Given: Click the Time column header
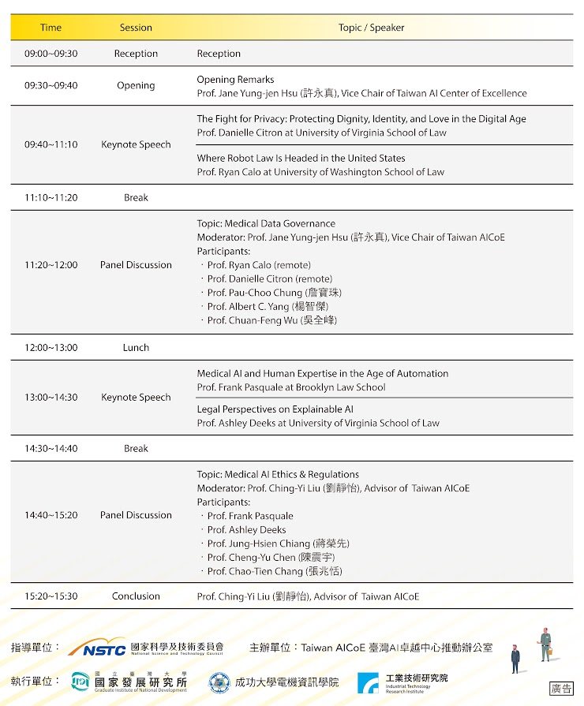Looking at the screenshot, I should tap(51, 28).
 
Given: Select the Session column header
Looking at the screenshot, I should tap(136, 28).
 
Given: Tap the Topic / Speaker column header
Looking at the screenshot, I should tap(371, 28).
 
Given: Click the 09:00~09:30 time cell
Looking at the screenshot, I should tap(51, 54).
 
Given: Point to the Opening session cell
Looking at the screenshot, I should tap(136, 86).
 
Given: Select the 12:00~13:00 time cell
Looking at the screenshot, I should tap(51, 347).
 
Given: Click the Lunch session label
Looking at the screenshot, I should tap(136, 347).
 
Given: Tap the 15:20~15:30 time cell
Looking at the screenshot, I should tap(51, 596).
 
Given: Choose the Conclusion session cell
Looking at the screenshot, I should tap(136, 596).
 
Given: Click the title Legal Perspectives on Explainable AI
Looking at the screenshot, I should tap(275, 409).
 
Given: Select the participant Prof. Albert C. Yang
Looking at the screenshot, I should tap(268, 306).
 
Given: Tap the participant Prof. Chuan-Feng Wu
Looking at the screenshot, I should tap(271, 320).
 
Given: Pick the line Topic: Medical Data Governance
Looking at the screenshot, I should tap(266, 223).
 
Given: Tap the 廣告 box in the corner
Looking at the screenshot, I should tap(561, 689).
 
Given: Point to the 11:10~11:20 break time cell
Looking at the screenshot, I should tap(51, 197).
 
